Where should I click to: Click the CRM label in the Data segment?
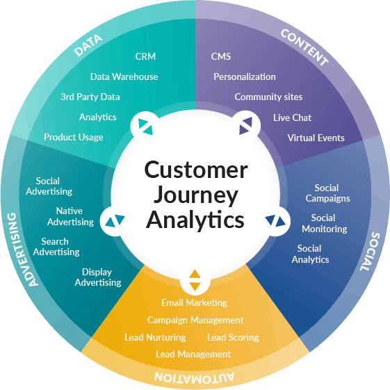145,56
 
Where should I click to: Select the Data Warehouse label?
124,76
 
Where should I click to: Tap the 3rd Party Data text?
90,97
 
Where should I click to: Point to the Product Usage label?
73,137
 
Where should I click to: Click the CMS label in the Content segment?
221,56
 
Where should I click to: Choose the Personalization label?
244,76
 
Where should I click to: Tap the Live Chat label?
292,117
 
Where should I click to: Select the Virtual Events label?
316,138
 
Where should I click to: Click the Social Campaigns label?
327,193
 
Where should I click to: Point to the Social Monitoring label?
324,223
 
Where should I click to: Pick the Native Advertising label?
70,216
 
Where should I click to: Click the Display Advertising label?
97,277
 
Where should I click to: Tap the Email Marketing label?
194,302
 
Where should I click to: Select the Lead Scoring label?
232,337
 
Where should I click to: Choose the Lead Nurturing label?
155,337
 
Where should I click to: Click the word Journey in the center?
195,195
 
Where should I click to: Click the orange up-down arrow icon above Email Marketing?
195,279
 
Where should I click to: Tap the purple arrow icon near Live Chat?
245,126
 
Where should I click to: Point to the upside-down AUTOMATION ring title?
195,377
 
